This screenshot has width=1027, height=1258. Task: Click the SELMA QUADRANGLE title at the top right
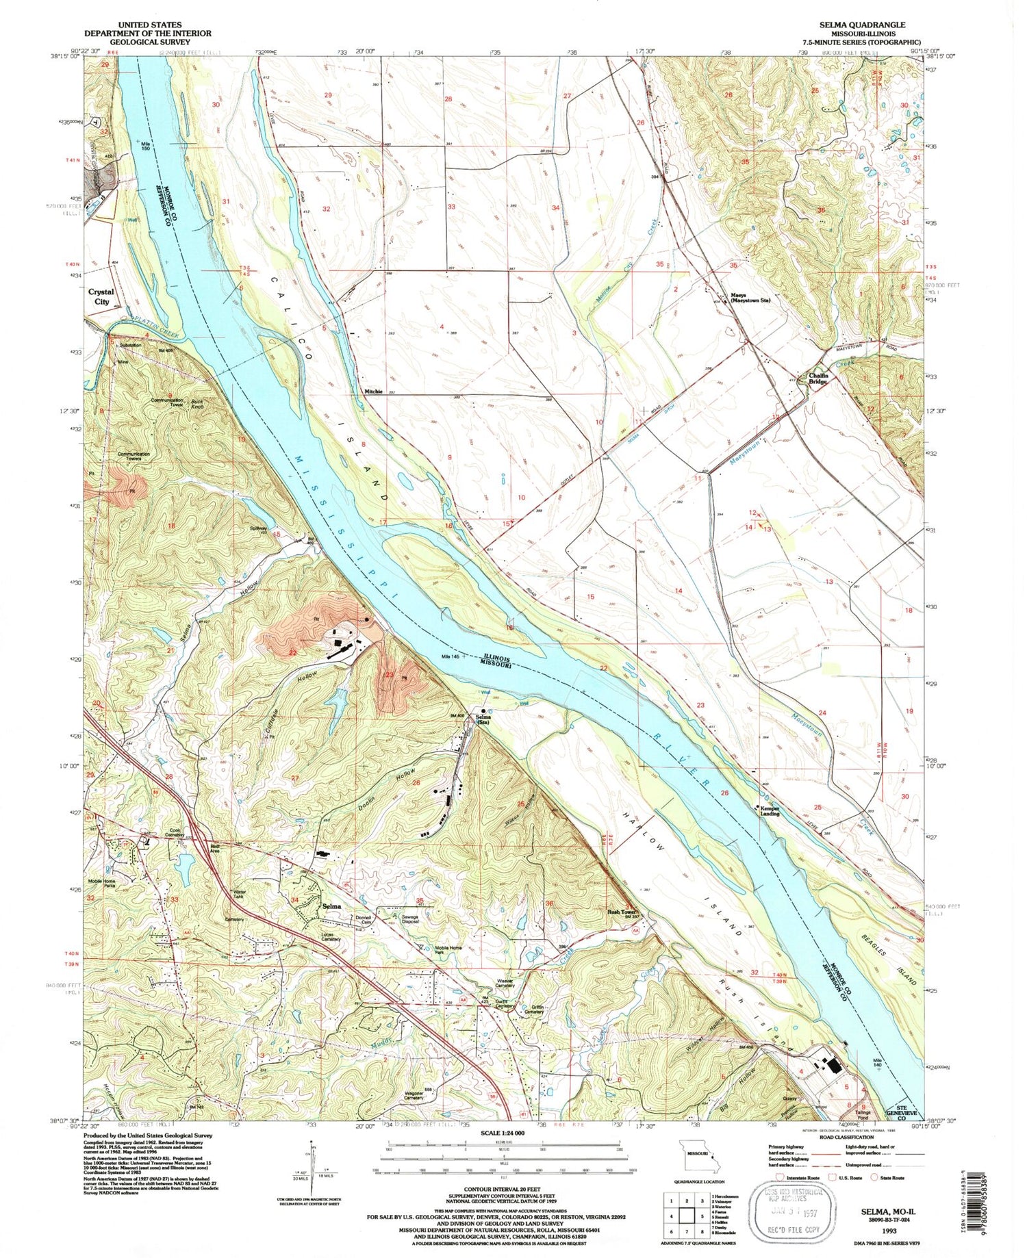862,24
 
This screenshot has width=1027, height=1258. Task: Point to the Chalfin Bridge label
818,378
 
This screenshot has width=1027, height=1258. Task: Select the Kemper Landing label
769,811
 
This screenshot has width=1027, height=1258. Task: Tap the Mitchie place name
373,391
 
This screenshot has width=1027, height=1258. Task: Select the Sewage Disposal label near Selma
409,919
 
